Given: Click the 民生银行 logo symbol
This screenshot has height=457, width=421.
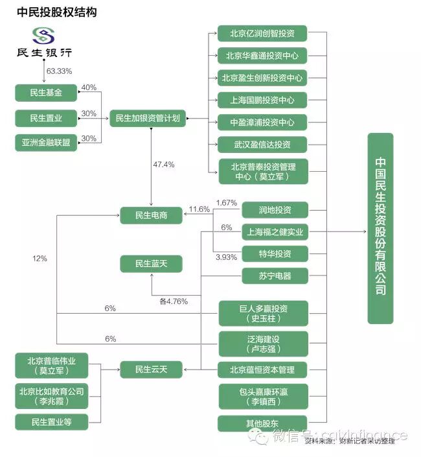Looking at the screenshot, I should point(43,36).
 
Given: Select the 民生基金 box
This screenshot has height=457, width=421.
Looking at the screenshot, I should point(46,93).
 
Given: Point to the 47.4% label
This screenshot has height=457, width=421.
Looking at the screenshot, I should point(163,165).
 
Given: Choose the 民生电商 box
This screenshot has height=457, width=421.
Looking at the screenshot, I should point(151,215).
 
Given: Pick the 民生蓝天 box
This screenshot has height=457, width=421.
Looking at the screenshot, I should point(151,264).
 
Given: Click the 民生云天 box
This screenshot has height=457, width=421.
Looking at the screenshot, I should point(151,369).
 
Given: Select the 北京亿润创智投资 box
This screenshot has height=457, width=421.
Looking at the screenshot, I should point(262,34).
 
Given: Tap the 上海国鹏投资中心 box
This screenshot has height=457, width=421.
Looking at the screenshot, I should point(262,100).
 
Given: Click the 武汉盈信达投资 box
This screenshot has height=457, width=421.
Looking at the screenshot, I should point(262,144).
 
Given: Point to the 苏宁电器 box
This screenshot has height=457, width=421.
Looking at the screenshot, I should point(275,276).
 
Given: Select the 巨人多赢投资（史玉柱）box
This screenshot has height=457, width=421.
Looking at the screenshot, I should point(262,313).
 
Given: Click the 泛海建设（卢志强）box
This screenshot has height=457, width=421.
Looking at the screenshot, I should point(262,344).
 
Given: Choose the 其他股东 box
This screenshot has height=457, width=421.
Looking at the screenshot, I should point(262,424).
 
